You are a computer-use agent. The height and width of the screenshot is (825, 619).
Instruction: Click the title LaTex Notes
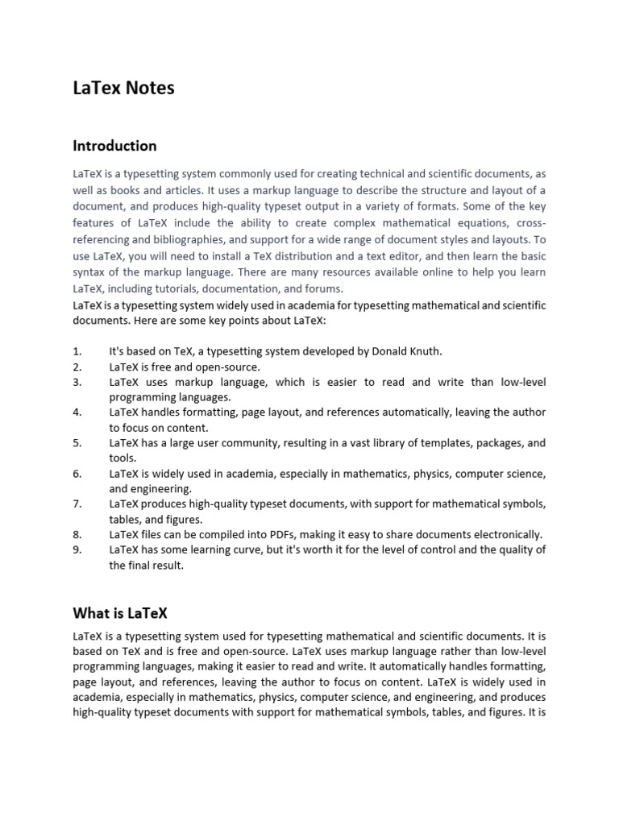click(123, 89)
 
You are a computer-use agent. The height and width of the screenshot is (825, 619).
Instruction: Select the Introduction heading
click(114, 146)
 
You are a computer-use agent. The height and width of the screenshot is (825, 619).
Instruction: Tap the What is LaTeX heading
click(120, 614)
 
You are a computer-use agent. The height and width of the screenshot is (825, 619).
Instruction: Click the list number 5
click(77, 443)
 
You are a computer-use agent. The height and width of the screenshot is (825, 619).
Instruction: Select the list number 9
click(77, 550)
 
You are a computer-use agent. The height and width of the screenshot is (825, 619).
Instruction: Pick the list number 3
click(77, 382)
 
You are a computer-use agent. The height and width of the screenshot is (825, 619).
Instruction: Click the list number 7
click(77, 504)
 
